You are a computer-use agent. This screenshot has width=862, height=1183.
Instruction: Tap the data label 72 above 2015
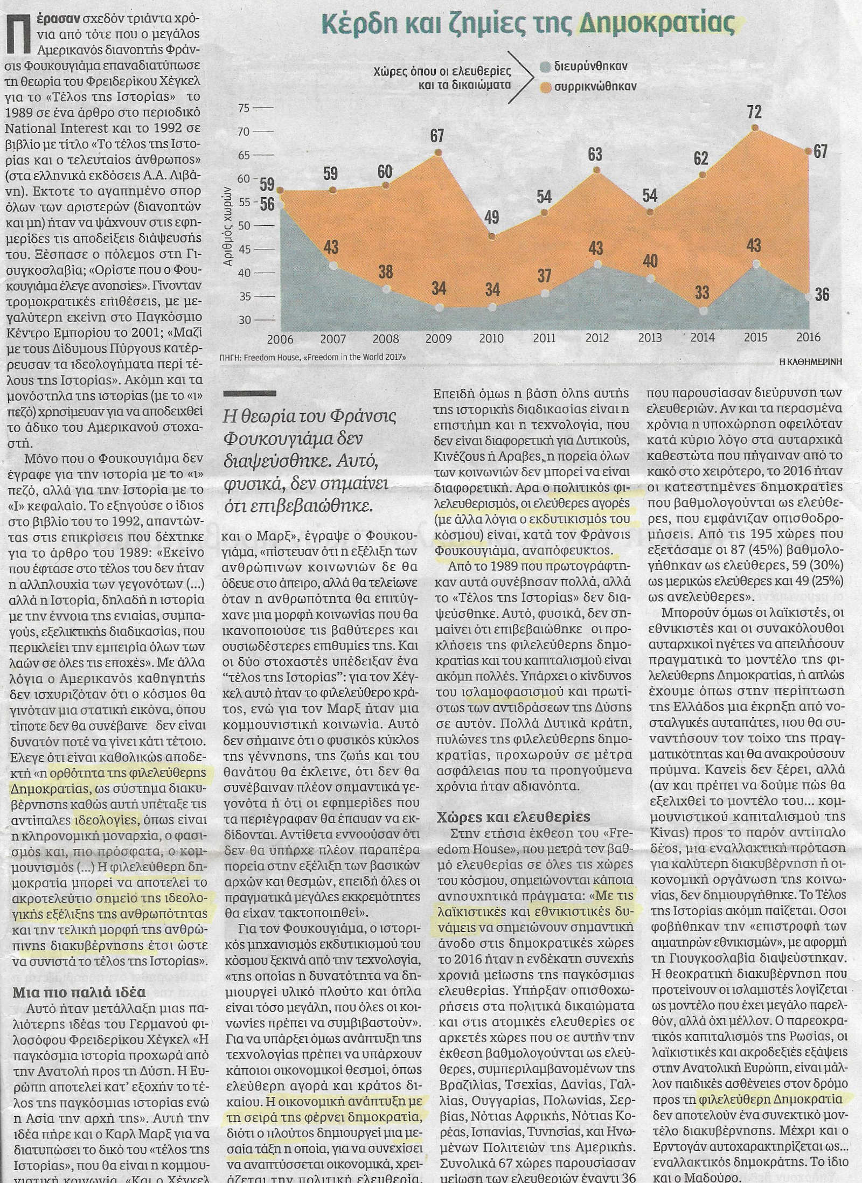click(x=754, y=112)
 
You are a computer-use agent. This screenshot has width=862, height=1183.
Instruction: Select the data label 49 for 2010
click(x=491, y=217)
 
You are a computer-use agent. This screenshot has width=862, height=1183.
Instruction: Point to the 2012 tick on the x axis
click(x=596, y=338)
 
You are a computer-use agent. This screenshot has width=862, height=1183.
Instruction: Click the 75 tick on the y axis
click(x=244, y=108)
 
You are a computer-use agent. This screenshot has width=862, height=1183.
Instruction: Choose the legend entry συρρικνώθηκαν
click(x=595, y=86)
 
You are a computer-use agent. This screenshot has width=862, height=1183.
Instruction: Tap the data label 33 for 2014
click(x=702, y=293)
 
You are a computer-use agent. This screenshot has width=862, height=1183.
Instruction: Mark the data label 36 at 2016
click(x=822, y=294)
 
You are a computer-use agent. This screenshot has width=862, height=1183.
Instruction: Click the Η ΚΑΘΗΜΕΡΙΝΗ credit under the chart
click(x=811, y=362)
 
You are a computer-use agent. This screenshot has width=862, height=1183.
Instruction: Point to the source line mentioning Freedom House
click(x=313, y=357)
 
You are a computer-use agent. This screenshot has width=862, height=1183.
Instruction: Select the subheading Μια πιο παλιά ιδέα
click(x=79, y=992)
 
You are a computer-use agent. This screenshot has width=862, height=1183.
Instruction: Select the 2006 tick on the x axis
click(x=280, y=339)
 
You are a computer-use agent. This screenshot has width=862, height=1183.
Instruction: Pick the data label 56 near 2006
click(x=267, y=204)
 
